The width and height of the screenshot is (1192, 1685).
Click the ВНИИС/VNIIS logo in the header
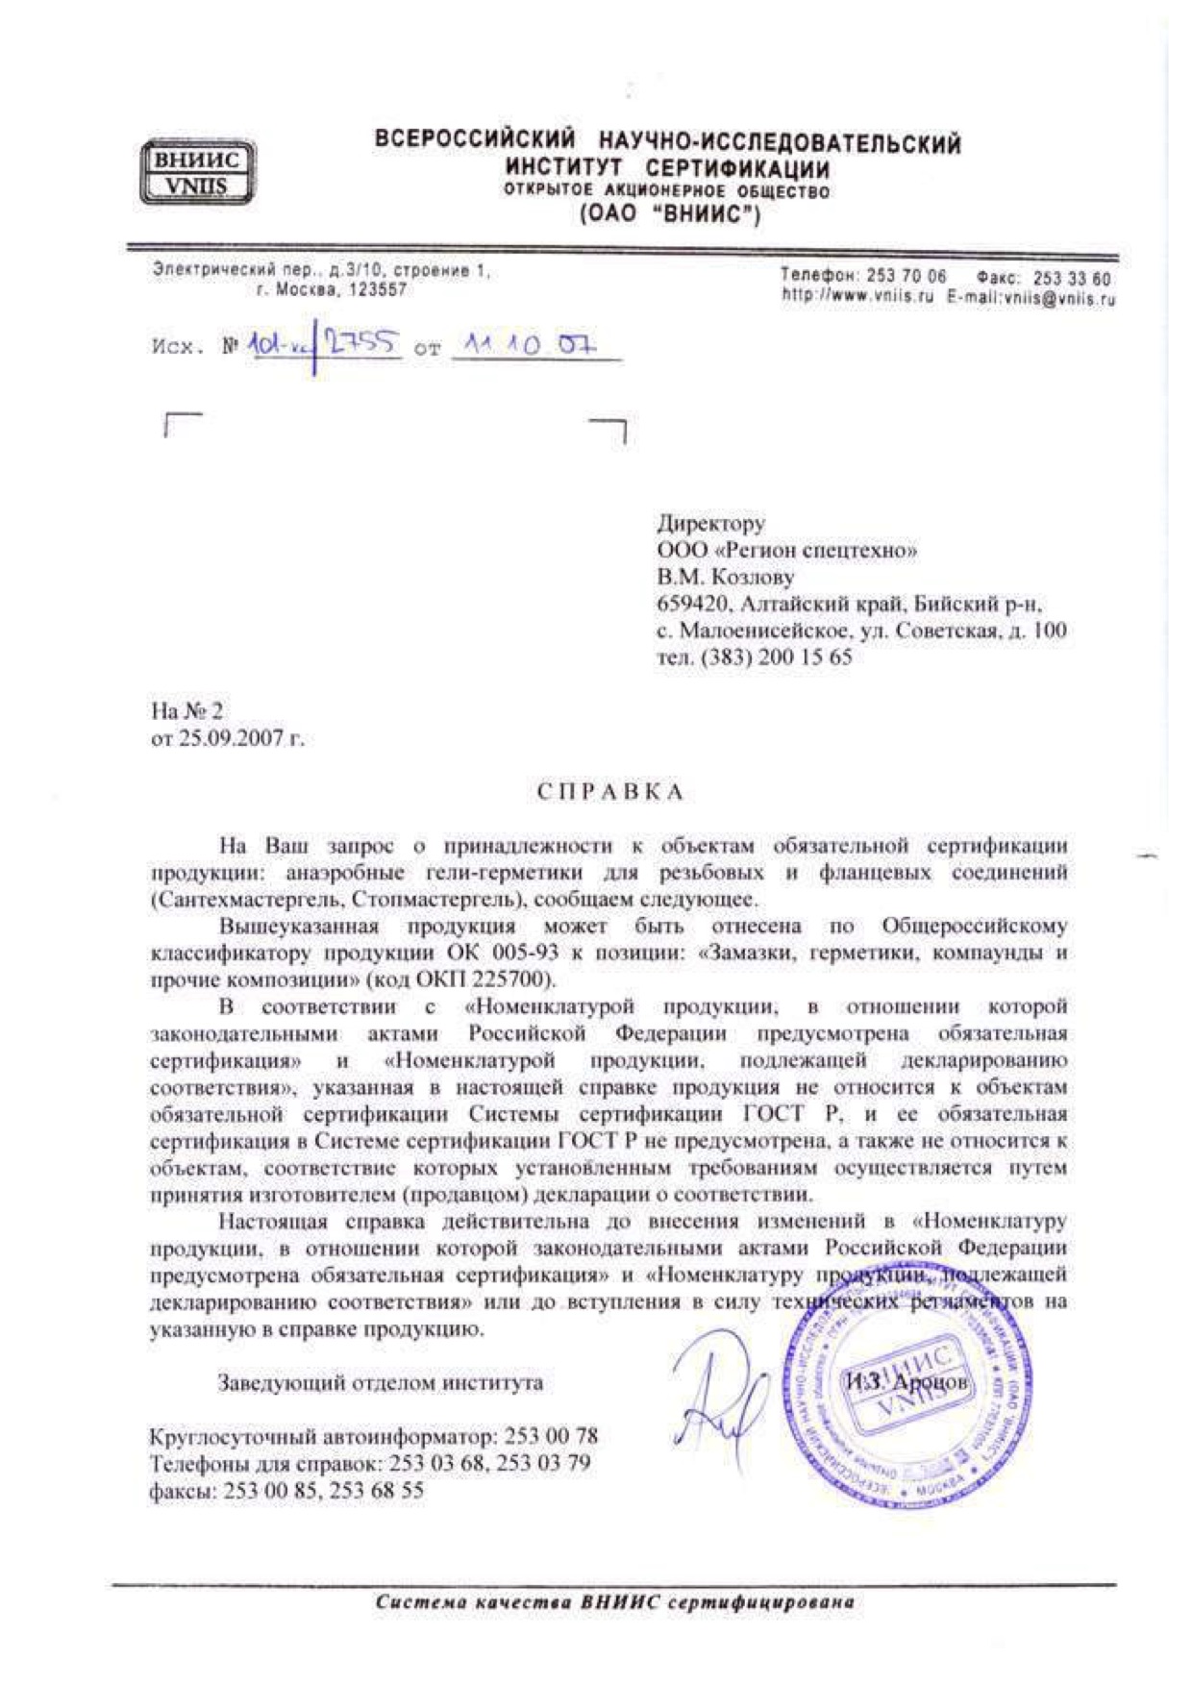tap(196, 172)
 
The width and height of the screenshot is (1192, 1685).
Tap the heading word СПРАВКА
tap(609, 791)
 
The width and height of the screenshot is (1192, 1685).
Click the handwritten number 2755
tap(361, 341)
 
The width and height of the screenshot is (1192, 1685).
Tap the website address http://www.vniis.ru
tap(857, 298)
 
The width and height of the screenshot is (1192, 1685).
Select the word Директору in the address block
tap(711, 524)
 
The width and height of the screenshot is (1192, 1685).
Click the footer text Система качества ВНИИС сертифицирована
tap(614, 1602)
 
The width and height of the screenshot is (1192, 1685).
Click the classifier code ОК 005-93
tap(491, 954)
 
